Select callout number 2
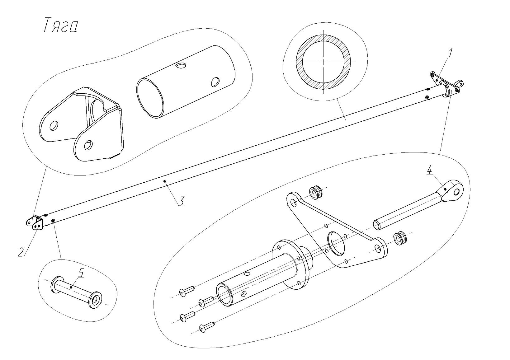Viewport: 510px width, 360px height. coord(21,252)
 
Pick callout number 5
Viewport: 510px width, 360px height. coord(81,273)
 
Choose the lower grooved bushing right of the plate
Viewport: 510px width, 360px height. coord(399,238)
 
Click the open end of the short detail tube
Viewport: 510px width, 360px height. coord(150,98)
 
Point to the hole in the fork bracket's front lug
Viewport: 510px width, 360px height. coord(88,145)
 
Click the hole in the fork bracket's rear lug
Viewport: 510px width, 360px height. coord(54,125)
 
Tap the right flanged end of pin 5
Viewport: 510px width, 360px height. coord(96,300)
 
